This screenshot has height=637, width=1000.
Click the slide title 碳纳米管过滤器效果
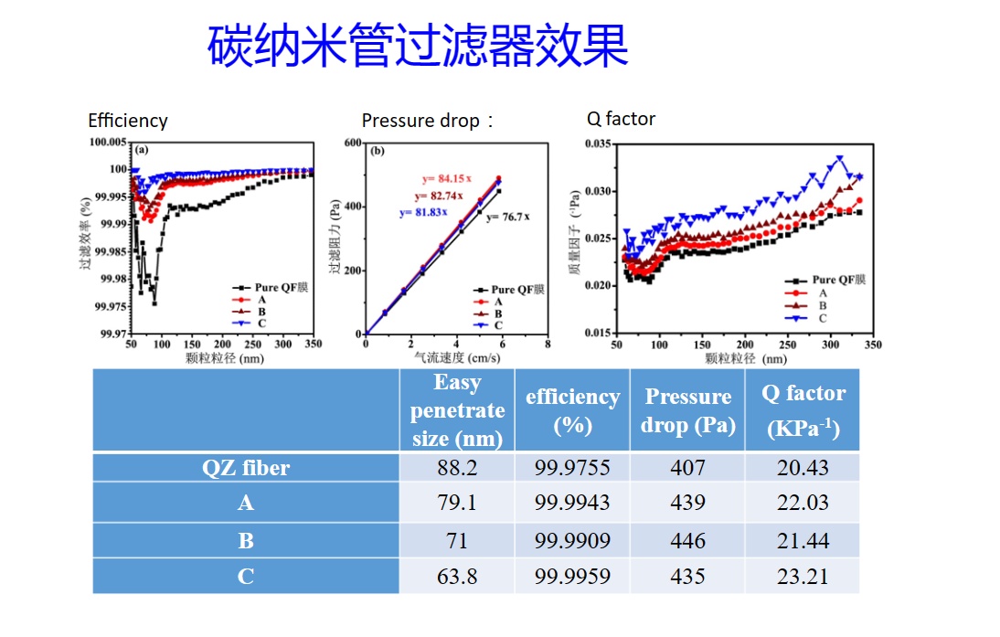click(418, 46)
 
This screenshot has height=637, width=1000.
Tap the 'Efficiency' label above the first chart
click(128, 121)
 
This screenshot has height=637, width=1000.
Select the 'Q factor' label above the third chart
click(621, 119)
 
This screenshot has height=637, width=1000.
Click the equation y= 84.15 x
click(447, 179)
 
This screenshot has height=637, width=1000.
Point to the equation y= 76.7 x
click(508, 217)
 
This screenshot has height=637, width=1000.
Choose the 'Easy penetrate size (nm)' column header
click(457, 410)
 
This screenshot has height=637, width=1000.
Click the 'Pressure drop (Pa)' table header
click(687, 410)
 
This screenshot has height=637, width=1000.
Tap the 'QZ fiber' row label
click(246, 468)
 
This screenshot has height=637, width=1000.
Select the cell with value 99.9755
click(572, 468)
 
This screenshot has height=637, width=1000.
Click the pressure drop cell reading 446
click(687, 540)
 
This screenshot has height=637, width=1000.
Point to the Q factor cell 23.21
click(803, 577)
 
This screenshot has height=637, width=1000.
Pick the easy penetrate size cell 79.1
click(457, 504)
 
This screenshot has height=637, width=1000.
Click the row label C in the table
click(246, 577)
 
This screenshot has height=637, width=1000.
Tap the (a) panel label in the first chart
click(143, 150)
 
